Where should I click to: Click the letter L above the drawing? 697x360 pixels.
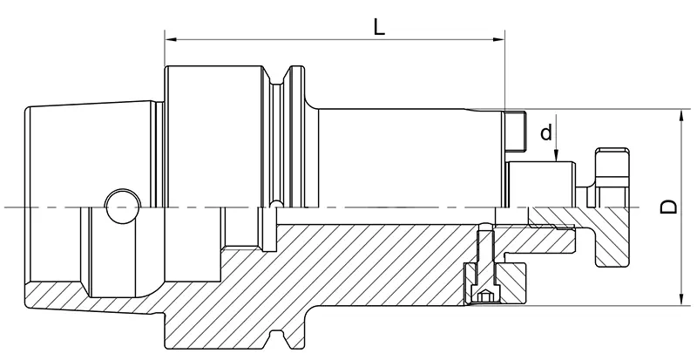(x=378, y=28)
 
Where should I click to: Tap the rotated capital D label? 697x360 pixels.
(x=668, y=207)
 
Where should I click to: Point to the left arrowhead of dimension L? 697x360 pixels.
(x=170, y=39)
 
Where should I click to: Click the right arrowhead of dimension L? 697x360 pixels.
(x=499, y=39)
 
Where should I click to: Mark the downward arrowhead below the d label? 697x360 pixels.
(x=556, y=155)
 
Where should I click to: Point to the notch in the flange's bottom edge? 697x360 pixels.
(x=278, y=339)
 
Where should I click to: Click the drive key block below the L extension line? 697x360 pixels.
(x=515, y=131)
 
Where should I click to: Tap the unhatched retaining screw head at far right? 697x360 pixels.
(x=612, y=178)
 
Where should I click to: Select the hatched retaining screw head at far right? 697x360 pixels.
(x=612, y=237)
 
